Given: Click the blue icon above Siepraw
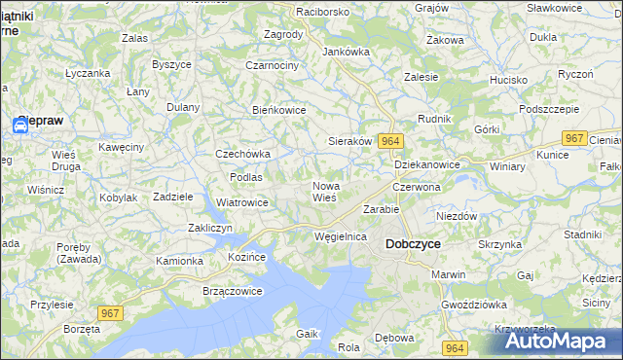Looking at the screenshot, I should click(22, 124).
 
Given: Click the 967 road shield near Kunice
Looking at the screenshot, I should click(574, 139).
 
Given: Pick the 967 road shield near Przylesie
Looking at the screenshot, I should click(110, 311).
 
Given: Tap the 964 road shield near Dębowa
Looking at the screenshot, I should click(453, 347).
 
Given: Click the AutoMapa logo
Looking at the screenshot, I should click(559, 342).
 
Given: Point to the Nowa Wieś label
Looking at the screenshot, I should click(325, 191).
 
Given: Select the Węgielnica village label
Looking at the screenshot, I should click(341, 236).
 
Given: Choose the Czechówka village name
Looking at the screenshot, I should click(242, 154).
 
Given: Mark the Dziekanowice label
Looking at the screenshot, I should click(427, 164).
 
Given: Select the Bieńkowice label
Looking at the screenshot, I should click(279, 110).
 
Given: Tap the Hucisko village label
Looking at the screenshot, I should click(508, 80).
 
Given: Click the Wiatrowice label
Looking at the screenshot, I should click(241, 202).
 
